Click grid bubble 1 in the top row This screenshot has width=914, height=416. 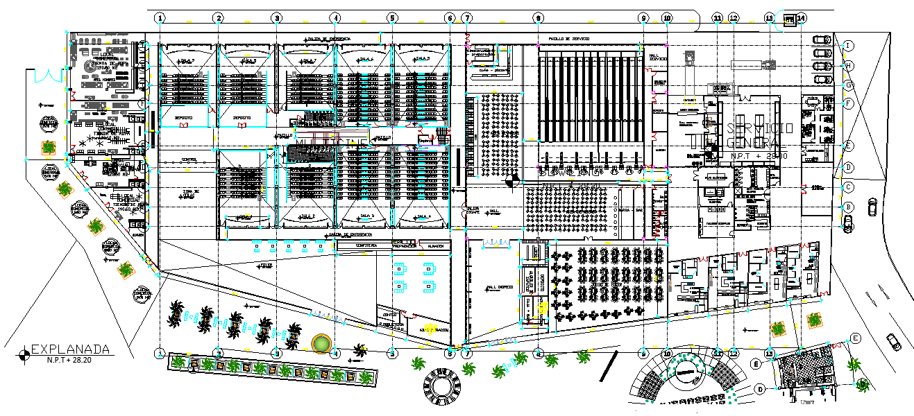pos(160,17)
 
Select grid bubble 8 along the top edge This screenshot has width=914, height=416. pos(538,17)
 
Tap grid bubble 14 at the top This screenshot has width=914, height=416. pos(802,17)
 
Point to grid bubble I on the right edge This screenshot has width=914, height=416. pos(848,46)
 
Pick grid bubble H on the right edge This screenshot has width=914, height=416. pos(848,65)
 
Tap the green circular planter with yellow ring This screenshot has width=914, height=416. pos(322,343)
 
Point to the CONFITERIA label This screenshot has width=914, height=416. pos(366,245)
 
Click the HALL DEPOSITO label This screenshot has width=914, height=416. pos(500,286)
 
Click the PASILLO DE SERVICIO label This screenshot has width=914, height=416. pos(569,39)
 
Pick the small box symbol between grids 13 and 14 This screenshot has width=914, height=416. pos(790,21)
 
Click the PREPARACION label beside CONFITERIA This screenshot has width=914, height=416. pos(405,245)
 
